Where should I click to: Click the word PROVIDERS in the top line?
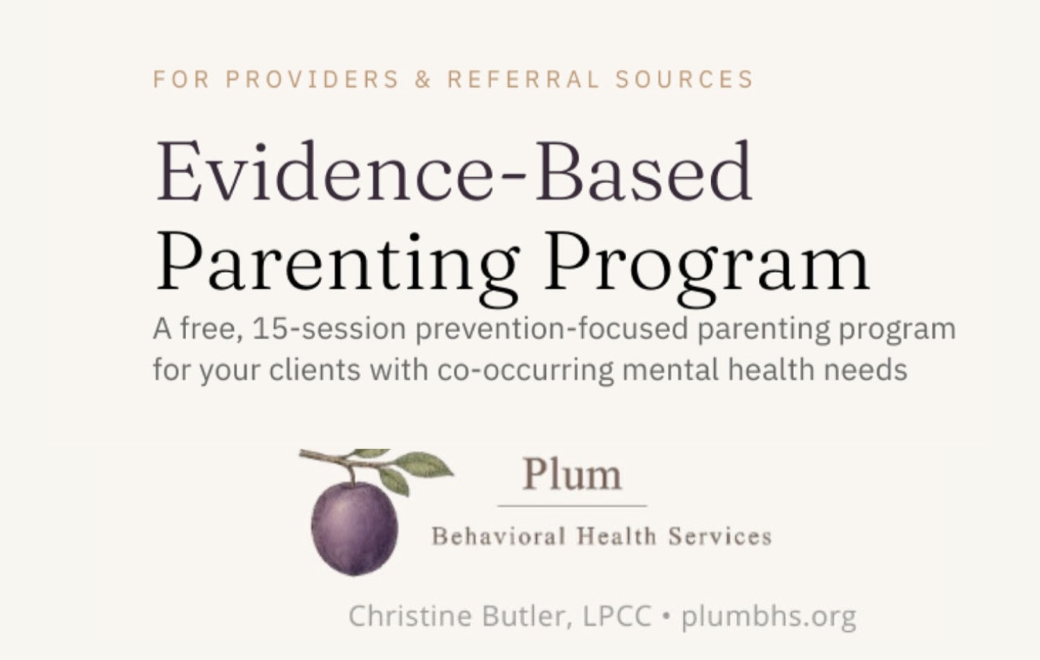pyautogui.click(x=312, y=79)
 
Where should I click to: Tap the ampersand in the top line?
pyautogui.click(x=423, y=79)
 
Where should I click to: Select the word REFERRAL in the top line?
pyautogui.click(x=523, y=79)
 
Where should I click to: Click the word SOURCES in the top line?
pyautogui.click(x=684, y=79)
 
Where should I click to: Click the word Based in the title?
pyautogui.click(x=643, y=171)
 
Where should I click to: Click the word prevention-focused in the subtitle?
pyautogui.click(x=552, y=329)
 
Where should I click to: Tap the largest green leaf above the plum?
pyautogui.click(x=424, y=465)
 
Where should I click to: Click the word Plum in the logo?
pyautogui.click(x=572, y=475)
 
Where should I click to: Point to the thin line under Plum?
pyautogui.click(x=572, y=506)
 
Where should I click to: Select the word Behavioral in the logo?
pyautogui.click(x=499, y=537)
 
